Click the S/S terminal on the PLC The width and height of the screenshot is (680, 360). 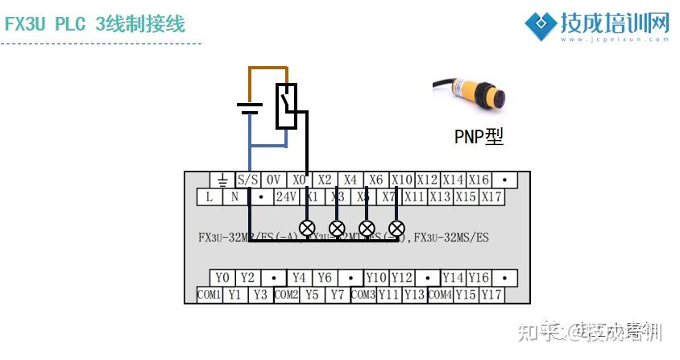tap(247, 180)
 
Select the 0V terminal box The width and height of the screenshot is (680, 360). tap(274, 180)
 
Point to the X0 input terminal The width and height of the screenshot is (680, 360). tap(299, 180)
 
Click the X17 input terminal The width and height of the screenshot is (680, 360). tap(491, 196)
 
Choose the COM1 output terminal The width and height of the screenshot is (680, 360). tap(209, 295)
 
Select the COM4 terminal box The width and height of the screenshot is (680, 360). tap(439, 295)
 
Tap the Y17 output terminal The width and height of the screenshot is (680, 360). tap(491, 295)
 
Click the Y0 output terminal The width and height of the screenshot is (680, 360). tap(222, 279)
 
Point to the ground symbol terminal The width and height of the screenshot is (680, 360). tap(222, 180)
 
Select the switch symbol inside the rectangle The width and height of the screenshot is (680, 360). tap(286, 106)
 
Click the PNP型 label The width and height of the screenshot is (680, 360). tap(479, 137)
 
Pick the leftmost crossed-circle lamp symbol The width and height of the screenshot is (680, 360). tap(307, 228)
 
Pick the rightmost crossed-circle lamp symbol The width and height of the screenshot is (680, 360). tap(396, 228)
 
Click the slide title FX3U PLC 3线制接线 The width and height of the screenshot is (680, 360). tap(95, 24)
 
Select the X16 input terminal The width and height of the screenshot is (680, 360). tap(479, 180)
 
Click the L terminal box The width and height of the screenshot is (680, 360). tap(209, 196)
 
